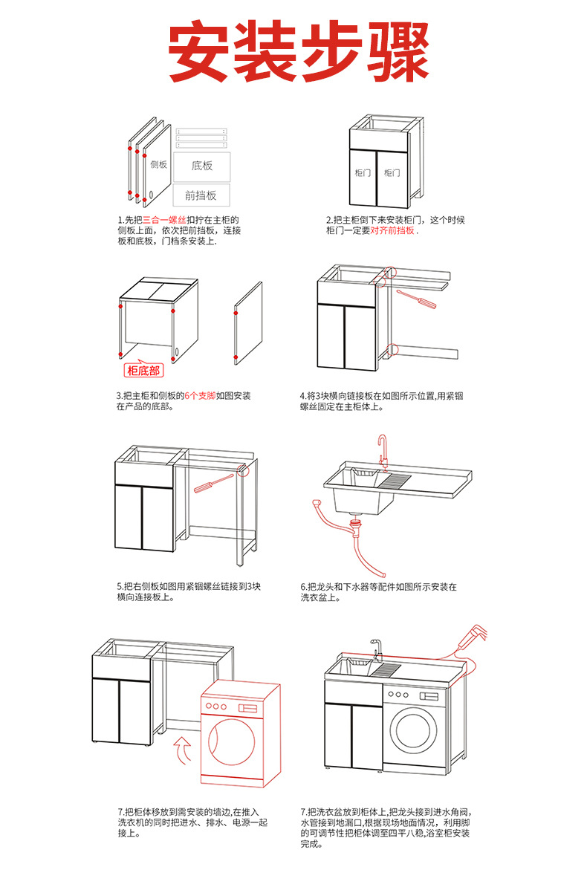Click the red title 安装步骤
[298, 54]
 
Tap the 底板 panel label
[202, 166]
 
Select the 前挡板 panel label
[201, 195]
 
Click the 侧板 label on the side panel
[158, 164]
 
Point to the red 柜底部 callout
[143, 371]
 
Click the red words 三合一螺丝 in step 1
[165, 220]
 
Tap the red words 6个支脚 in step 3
[200, 396]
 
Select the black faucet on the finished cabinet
[376, 649]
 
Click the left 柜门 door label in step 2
[363, 172]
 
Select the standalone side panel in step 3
[248, 325]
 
